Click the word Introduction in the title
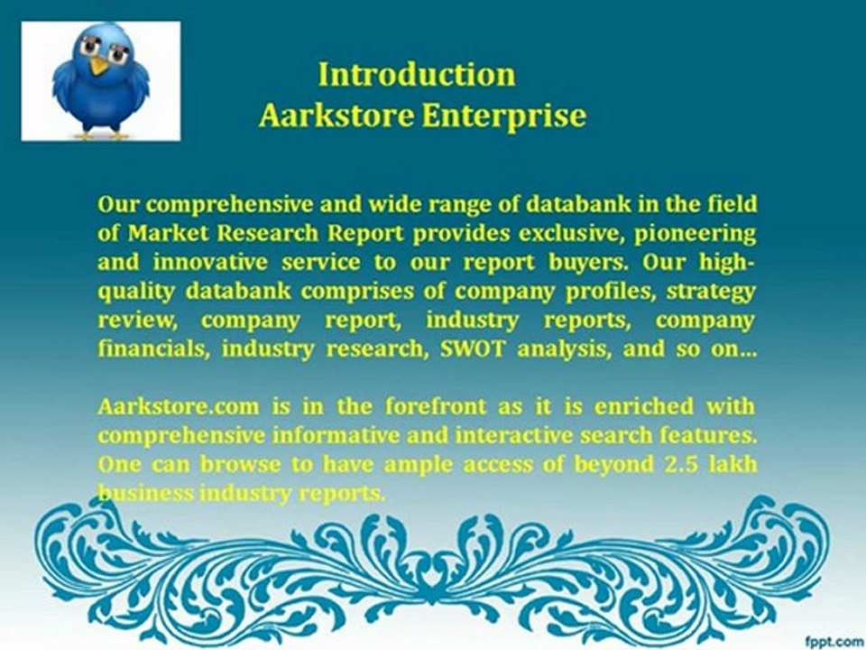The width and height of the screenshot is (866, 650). pyautogui.click(x=417, y=74)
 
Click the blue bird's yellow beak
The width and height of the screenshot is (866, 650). pyautogui.click(x=99, y=66)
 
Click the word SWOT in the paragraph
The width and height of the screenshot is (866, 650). pyautogui.click(x=472, y=348)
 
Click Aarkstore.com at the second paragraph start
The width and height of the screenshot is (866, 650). pyautogui.click(x=179, y=406)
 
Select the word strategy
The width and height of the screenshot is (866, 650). pyautogui.click(x=711, y=292)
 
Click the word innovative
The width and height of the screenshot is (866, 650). pyautogui.click(x=210, y=262)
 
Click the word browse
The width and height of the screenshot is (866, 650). pyautogui.click(x=240, y=463)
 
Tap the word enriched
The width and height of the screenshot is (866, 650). pyautogui.click(x=644, y=406)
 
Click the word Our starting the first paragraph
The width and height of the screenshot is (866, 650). pyautogui.click(x=116, y=205)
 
